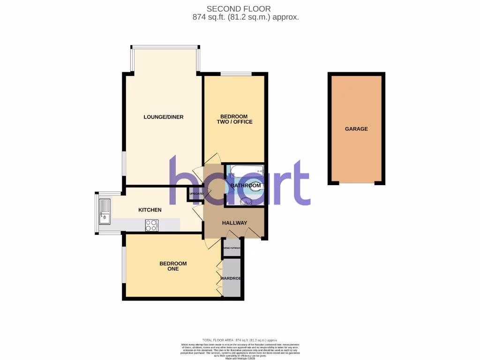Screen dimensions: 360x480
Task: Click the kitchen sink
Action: pyautogui.click(x=105, y=212)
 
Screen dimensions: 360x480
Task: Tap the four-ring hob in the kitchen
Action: pyautogui.click(x=152, y=225)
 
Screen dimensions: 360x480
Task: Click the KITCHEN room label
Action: pyautogui.click(x=150, y=210)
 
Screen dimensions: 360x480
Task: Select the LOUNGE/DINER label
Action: pyautogui.click(x=163, y=117)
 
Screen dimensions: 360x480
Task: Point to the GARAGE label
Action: pyautogui.click(x=356, y=129)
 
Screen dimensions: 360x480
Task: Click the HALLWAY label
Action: pyautogui.click(x=234, y=223)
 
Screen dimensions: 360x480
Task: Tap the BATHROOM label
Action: pyautogui.click(x=245, y=186)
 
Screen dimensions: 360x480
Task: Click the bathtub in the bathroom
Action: pyautogui.click(x=247, y=171)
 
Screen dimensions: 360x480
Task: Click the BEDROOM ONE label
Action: pyautogui.click(x=173, y=266)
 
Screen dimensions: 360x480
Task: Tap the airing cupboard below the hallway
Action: pyautogui.click(x=232, y=248)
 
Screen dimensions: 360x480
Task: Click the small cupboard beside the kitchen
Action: pyautogui.click(x=196, y=194)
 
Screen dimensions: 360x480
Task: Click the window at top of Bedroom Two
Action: pyautogui.click(x=236, y=73)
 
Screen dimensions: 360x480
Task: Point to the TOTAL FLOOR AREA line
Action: pyautogui.click(x=240, y=340)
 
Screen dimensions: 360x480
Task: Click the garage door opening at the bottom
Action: pyautogui.click(x=356, y=183)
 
